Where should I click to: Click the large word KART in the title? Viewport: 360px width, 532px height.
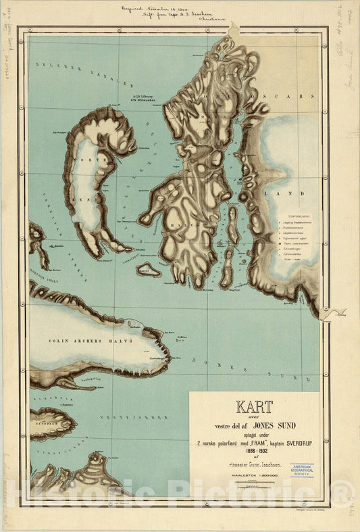[x=253, y=407]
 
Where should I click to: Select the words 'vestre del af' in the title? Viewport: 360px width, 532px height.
[x=226, y=427]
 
